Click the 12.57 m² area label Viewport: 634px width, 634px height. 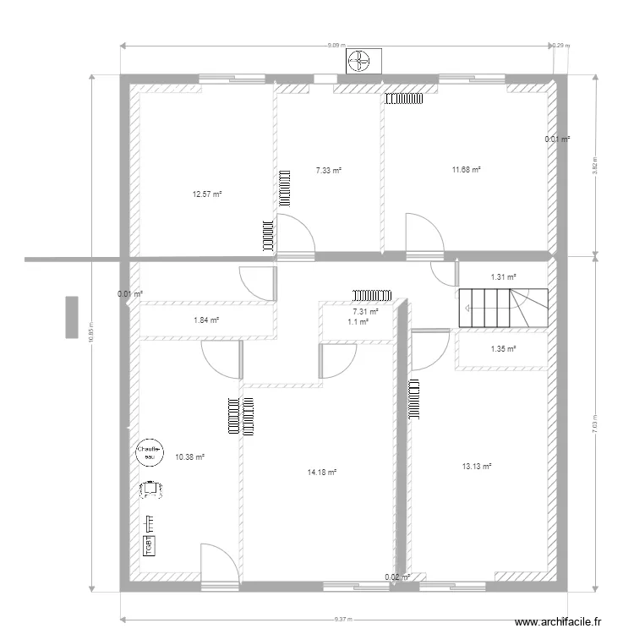206,194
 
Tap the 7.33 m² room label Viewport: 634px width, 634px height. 329,170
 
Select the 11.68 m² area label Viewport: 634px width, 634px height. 466,170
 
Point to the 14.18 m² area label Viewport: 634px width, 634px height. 322,473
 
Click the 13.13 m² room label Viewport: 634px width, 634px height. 477,465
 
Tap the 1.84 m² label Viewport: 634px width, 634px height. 206,320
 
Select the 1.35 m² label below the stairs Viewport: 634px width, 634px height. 503,348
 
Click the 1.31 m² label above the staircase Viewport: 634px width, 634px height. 503,276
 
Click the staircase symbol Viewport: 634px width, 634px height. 503,307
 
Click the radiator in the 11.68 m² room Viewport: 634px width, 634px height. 404,99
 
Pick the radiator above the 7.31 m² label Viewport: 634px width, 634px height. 372,295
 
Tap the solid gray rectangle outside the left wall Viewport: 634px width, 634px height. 72,317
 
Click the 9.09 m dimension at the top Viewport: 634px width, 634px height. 336,45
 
